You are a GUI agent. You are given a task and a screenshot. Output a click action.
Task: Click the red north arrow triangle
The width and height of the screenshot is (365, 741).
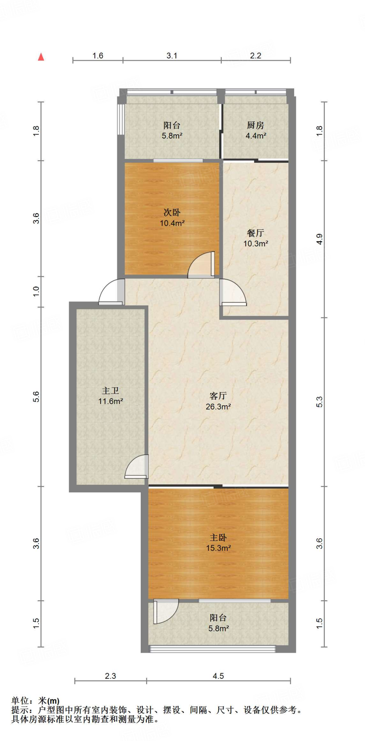41,57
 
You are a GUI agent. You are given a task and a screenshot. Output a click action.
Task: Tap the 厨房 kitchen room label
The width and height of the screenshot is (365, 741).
255,125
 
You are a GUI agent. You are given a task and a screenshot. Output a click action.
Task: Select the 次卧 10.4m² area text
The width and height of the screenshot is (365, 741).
172,223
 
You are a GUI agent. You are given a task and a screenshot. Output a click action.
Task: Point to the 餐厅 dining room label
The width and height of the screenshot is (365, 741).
255,233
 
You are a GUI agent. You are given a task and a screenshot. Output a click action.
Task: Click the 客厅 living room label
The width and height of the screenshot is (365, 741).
218,396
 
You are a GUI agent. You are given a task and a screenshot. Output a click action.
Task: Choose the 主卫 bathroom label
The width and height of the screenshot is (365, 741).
110,391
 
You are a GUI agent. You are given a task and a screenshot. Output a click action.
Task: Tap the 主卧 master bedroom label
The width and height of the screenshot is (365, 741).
218,538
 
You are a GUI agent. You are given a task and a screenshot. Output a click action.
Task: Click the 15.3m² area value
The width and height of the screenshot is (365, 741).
218,548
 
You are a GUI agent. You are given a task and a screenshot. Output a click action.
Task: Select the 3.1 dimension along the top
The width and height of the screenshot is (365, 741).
172,56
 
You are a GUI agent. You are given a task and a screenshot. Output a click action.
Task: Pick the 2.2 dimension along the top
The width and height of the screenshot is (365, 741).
255,56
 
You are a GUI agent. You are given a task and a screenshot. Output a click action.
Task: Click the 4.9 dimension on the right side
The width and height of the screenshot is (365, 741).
319,239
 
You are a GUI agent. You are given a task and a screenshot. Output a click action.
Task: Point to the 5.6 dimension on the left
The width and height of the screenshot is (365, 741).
36,397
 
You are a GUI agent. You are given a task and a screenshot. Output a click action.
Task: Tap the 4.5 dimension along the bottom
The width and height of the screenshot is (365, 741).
218,676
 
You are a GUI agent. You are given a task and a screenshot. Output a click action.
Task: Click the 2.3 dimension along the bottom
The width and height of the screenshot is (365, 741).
110,676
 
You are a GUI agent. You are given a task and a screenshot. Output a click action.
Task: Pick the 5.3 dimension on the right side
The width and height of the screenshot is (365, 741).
319,402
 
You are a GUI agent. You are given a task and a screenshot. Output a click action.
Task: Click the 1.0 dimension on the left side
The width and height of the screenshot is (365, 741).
36,291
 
